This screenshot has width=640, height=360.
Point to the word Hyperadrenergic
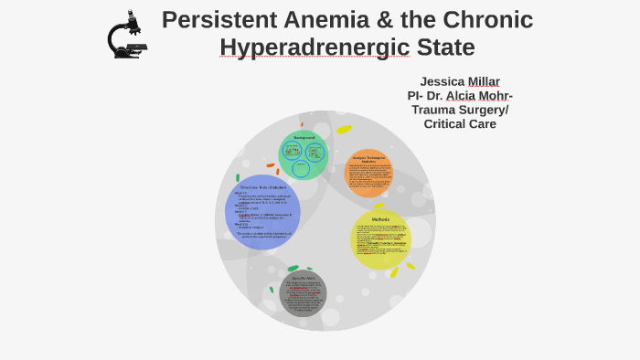pos(314,48)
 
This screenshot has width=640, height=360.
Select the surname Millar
pos(483,81)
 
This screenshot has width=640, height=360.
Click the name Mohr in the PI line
pos(495,96)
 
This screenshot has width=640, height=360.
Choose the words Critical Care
pos(460,124)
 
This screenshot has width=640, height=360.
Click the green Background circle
pos(304,154)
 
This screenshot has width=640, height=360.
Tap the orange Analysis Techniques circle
pos(368,174)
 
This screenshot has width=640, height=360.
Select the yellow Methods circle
pos(380,239)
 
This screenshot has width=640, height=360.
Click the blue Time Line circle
pos(262,212)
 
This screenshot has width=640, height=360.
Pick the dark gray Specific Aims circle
pos(303,295)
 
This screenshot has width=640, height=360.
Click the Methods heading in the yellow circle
pos(380,219)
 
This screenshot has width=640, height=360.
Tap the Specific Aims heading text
pos(303,278)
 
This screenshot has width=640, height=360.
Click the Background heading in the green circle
pos(304,138)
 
